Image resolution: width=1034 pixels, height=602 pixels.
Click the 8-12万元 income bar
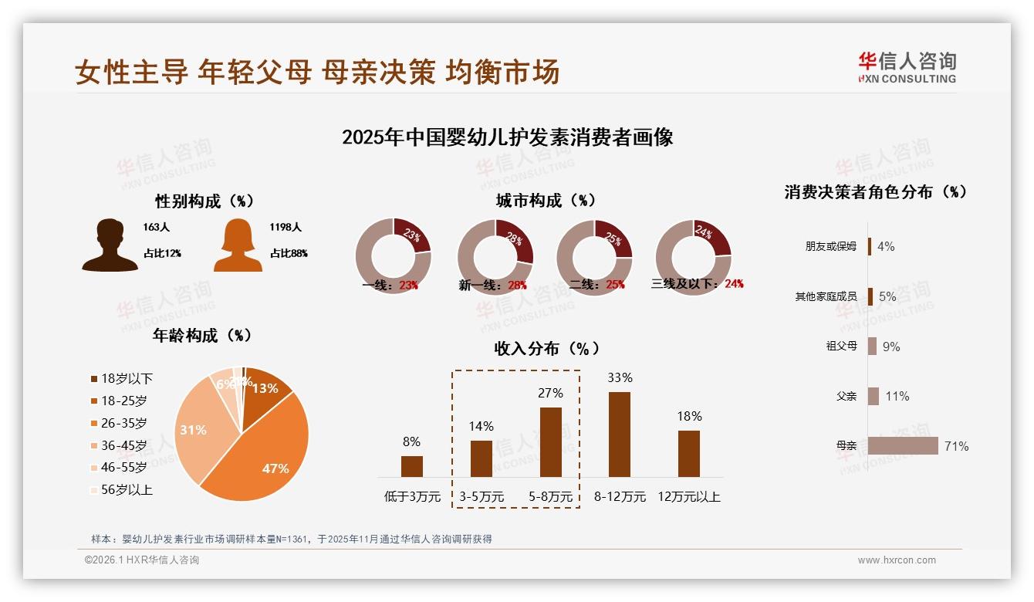pyautogui.click(x=620, y=435)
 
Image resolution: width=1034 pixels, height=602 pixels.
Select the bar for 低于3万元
pyautogui.click(x=412, y=466)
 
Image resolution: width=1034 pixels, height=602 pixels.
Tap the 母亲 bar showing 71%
pyautogui.click(x=903, y=446)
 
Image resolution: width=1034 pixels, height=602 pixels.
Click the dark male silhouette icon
pyautogui.click(x=110, y=245)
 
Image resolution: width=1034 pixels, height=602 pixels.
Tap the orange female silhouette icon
pyautogui.click(x=238, y=245)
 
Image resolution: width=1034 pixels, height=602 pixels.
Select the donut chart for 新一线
pyautogui.click(x=495, y=257)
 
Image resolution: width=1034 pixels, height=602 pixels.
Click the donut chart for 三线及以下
pyautogui.click(x=693, y=257)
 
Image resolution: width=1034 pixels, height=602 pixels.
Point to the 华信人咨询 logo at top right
pyautogui.click(x=907, y=68)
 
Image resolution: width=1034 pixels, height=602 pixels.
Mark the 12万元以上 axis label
pyautogui.click(x=688, y=496)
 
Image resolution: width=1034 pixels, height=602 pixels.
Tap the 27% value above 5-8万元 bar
pyautogui.click(x=550, y=393)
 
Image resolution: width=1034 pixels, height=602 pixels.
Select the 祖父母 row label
pyautogui.click(x=841, y=346)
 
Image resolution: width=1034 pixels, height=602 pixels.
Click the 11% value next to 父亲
pyautogui.click(x=897, y=396)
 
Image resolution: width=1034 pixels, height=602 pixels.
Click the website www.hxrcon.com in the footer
pyautogui.click(x=897, y=560)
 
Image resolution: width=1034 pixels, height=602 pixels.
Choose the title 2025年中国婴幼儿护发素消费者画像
pyautogui.click(x=507, y=137)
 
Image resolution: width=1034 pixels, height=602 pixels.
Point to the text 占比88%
pyautogui.click(x=289, y=253)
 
